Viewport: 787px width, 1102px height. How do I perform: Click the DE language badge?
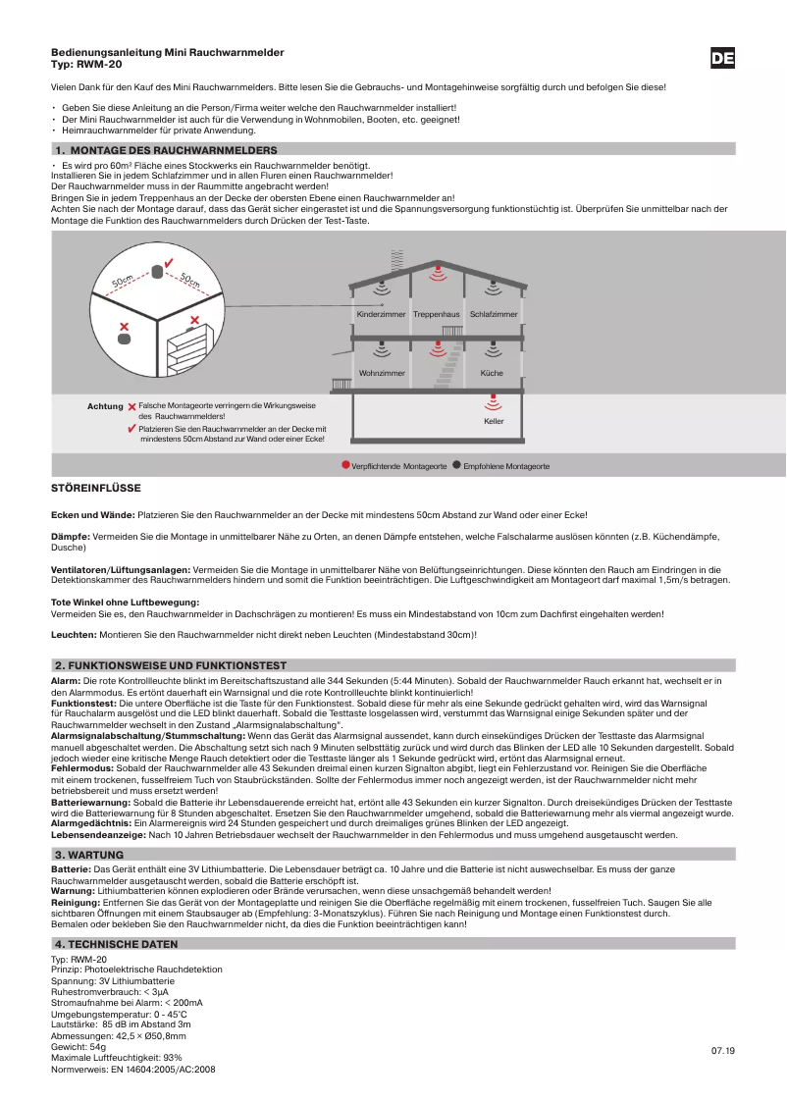click(x=722, y=59)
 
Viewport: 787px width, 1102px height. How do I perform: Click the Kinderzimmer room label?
click(x=382, y=314)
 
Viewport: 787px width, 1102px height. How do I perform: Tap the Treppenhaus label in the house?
click(x=437, y=314)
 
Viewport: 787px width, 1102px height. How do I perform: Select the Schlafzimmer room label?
click(x=494, y=314)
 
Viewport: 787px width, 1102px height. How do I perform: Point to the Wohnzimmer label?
click(x=382, y=374)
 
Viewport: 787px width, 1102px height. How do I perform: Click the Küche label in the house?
click(x=492, y=374)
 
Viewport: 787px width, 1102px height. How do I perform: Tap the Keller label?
click(x=494, y=421)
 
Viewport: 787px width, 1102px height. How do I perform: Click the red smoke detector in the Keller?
click(x=494, y=400)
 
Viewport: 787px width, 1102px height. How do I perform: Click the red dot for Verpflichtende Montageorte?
click(x=345, y=465)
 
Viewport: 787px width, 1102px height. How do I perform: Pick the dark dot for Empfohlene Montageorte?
click(x=457, y=465)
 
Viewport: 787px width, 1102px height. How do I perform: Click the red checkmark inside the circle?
click(x=169, y=263)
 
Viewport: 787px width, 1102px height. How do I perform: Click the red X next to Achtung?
click(x=131, y=405)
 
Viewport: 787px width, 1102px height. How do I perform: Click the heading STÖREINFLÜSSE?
click(x=96, y=488)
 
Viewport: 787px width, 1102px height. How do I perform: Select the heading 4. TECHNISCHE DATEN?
click(x=116, y=944)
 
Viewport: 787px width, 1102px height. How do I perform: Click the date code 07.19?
click(x=722, y=1051)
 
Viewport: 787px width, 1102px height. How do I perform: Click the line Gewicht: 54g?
click(x=79, y=1047)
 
